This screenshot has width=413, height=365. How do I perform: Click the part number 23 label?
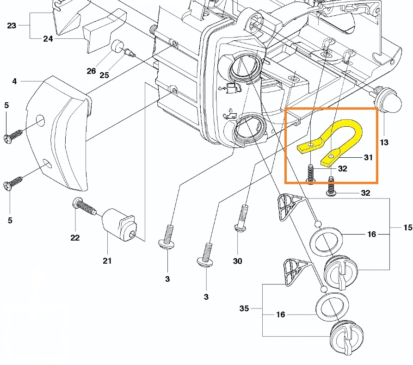pyautogui.click(x=12, y=25)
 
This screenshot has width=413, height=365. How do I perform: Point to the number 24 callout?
pyautogui.click(x=48, y=39)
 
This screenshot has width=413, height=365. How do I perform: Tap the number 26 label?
pyautogui.click(x=91, y=71)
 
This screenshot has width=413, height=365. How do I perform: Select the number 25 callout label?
pyautogui.click(x=104, y=75)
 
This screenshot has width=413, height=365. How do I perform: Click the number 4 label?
pyautogui.click(x=15, y=81)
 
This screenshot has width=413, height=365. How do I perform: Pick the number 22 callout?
pyautogui.click(x=75, y=238)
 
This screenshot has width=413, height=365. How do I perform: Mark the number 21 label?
pyautogui.click(x=107, y=261)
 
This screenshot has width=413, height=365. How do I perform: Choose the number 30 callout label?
pyautogui.click(x=237, y=261)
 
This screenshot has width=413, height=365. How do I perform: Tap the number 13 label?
pyautogui.click(x=384, y=142)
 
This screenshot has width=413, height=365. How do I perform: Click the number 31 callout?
pyautogui.click(x=368, y=158)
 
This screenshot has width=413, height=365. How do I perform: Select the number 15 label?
pyautogui.click(x=407, y=228)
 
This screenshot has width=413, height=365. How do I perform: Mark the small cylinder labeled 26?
pyautogui.click(x=117, y=46)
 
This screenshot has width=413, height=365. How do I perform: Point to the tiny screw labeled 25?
pyautogui.click(x=129, y=55)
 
